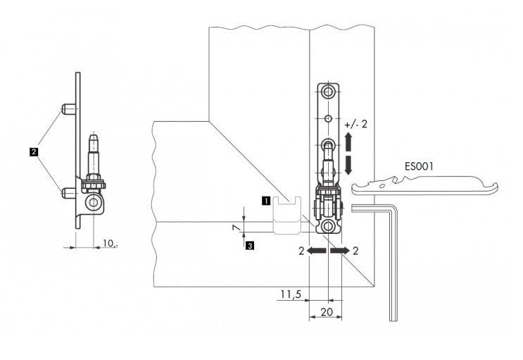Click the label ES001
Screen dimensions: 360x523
(419, 168)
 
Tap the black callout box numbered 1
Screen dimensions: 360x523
(265, 200)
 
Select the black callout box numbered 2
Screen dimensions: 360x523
(33, 150)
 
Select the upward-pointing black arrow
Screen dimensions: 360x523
(350, 143)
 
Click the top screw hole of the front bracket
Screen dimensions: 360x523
(328, 92)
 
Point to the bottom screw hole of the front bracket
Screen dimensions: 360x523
(328, 226)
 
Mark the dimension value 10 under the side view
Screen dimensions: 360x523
(108, 243)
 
